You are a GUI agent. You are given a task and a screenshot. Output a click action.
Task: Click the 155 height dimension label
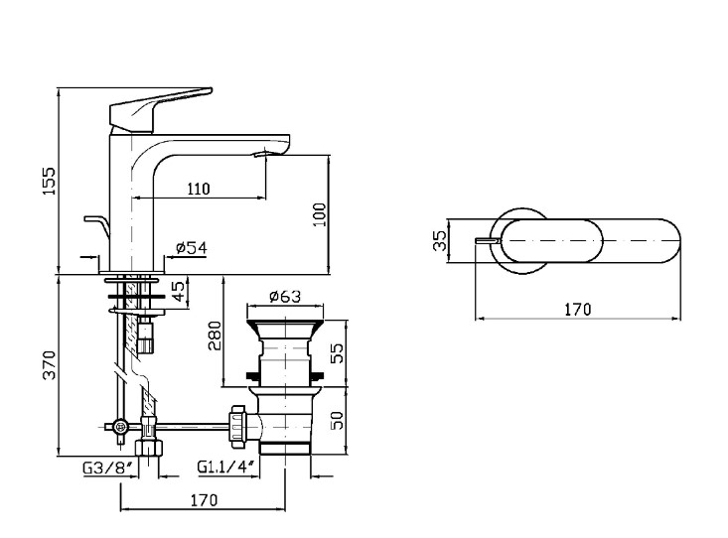(x=49, y=181)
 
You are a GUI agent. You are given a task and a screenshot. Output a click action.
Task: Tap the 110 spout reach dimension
(x=199, y=189)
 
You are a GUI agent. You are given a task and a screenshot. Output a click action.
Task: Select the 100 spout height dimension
(x=320, y=214)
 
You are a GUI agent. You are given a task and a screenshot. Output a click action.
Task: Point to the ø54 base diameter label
(x=192, y=248)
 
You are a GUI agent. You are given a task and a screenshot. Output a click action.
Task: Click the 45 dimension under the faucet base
(x=178, y=291)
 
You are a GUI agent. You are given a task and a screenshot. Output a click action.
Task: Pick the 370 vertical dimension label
(x=49, y=365)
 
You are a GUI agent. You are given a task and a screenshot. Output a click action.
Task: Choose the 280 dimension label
(x=215, y=336)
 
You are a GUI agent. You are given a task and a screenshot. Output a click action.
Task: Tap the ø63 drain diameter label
(x=285, y=296)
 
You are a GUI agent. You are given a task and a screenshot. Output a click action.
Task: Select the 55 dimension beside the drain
(x=338, y=352)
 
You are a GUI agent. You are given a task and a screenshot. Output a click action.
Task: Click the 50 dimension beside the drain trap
(x=338, y=420)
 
